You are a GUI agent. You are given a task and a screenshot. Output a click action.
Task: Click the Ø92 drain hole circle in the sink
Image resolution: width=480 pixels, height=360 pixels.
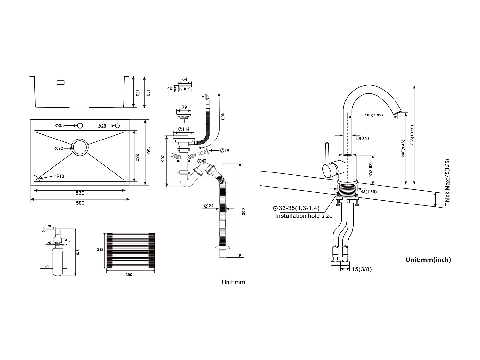[80, 148]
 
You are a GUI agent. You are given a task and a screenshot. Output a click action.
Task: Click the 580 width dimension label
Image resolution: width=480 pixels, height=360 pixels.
[80, 203]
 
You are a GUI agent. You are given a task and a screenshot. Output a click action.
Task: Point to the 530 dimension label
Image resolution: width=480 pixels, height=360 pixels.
[80, 193]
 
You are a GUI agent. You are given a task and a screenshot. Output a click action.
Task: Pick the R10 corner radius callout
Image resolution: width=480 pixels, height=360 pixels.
[60, 176]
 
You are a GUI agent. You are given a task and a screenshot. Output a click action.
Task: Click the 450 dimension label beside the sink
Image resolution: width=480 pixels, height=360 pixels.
[148, 150]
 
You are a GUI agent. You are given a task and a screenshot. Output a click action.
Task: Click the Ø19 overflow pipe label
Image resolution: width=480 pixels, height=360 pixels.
[225, 150]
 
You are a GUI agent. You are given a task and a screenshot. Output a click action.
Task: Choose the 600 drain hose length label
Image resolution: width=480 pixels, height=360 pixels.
[243, 211]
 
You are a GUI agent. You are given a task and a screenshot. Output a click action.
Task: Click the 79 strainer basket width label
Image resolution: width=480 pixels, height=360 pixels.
[184, 107]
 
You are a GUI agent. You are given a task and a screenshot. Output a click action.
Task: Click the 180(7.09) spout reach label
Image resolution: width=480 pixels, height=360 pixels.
[374, 115]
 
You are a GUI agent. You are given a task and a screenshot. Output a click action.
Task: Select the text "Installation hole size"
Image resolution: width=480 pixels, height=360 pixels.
[304, 216]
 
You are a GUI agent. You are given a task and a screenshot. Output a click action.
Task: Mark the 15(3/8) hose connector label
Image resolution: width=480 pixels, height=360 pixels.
[362, 269]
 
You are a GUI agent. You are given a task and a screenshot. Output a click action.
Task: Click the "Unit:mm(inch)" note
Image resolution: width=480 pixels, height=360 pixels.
[428, 260]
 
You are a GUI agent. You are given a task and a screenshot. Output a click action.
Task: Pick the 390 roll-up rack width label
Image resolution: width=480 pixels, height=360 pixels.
[129, 275]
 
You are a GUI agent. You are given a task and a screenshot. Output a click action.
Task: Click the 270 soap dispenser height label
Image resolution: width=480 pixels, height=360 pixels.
[77, 252]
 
